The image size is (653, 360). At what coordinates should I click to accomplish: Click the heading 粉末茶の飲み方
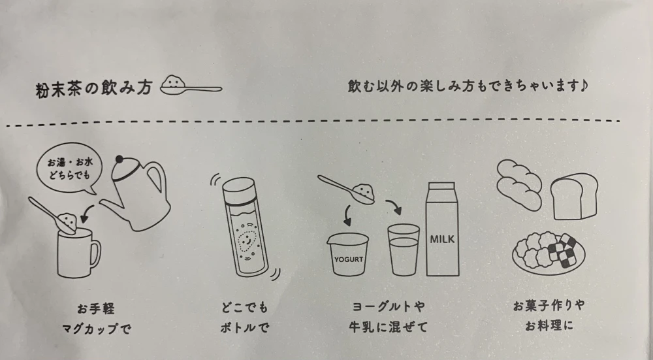(x=94, y=89)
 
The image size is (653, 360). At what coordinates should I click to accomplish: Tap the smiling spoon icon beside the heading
(x=191, y=86)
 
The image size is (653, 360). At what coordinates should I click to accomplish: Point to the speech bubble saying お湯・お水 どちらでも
(x=69, y=169)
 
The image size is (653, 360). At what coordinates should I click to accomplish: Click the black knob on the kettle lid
(x=119, y=159)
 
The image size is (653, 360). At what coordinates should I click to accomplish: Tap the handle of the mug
(x=96, y=254)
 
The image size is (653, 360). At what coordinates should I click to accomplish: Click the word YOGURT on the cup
(x=349, y=259)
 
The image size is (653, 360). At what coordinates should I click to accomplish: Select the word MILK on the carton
(x=442, y=239)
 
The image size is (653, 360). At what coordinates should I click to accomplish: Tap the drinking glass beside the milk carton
(x=403, y=250)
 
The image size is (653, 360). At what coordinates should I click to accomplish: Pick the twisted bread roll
(x=519, y=185)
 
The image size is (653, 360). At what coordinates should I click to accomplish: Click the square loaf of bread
(x=574, y=196)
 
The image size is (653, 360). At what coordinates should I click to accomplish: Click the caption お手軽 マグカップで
(x=96, y=319)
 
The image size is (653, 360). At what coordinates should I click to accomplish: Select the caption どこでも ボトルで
(x=244, y=318)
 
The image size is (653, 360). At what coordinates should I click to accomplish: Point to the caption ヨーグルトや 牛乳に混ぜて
(x=388, y=317)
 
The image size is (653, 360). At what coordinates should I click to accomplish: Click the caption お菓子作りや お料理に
(x=549, y=316)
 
